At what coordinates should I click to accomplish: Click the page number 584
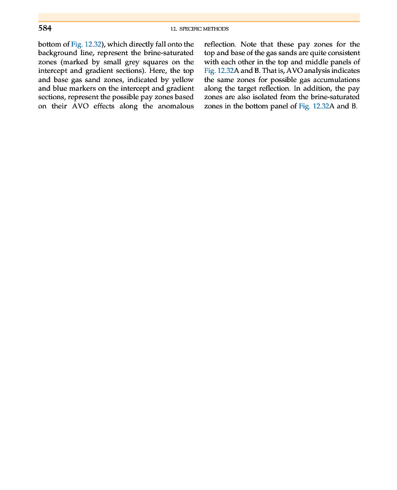point(45,28)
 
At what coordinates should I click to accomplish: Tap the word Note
point(249,44)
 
